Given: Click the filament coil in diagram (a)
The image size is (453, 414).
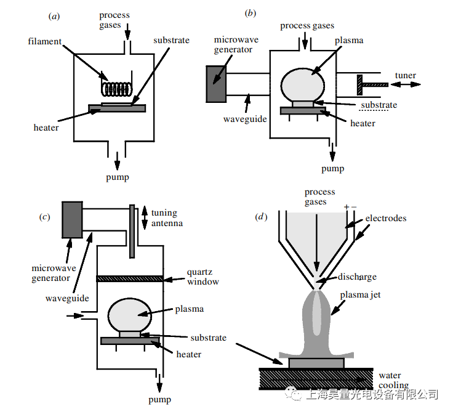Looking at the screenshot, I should [118, 89].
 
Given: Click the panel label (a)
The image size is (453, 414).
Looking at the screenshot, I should [54, 16].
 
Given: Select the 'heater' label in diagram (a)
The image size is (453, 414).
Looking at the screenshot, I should [46, 128].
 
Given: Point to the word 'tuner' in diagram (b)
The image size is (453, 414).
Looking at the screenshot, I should [406, 76].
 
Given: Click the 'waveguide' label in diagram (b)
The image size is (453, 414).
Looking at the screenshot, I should [244, 118].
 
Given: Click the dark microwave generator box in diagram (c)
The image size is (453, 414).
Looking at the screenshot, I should [73, 219].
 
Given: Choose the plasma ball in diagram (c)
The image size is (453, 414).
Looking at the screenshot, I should [129, 314].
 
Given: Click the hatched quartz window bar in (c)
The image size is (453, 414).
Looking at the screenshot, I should [130, 278].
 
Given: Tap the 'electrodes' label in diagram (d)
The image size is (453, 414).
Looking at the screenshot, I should [385, 218].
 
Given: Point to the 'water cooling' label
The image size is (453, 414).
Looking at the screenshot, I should [393, 380].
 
